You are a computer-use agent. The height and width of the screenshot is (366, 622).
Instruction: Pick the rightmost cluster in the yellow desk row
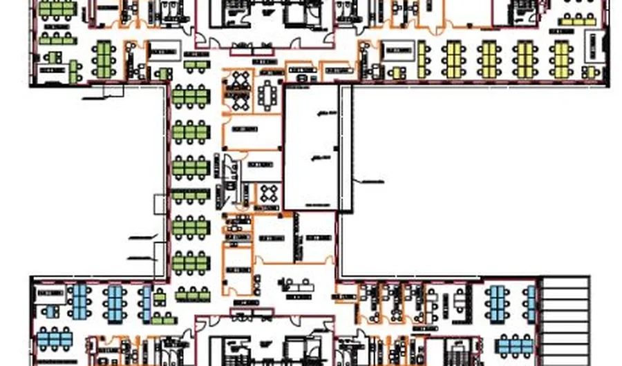561,58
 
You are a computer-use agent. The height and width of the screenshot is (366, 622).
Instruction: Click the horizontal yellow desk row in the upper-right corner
576,21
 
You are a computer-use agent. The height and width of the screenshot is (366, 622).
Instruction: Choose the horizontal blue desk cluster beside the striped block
516,344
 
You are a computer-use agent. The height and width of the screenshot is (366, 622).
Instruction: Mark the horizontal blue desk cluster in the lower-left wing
55,338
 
